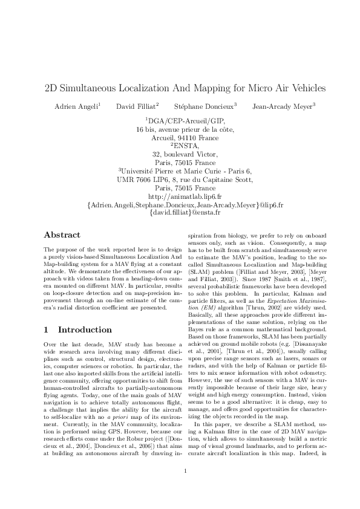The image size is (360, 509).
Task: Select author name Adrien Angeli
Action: click(77, 106)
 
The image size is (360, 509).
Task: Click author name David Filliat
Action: click(137, 106)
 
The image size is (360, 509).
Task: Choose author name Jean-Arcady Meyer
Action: click(275, 106)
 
